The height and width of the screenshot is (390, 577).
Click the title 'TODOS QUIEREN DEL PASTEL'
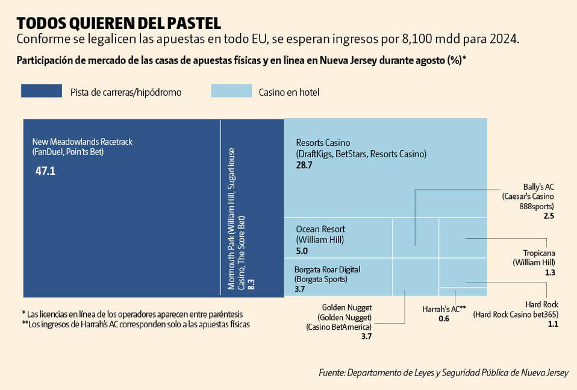pyautogui.click(x=119, y=23)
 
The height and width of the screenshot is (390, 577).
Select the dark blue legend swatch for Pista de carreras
pyautogui.click(x=42, y=91)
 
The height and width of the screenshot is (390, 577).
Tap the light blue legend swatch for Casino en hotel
pyautogui.click(x=231, y=91)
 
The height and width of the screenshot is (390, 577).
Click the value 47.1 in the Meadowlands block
pyautogui.click(x=45, y=171)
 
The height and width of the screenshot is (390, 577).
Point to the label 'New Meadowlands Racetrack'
pyautogui.click(x=82, y=142)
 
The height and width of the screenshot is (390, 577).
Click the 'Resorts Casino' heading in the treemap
pyautogui.click(x=323, y=143)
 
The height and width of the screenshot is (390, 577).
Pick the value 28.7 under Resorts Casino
pyautogui.click(x=304, y=165)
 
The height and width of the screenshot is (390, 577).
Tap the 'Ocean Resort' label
pyautogui.click(x=320, y=229)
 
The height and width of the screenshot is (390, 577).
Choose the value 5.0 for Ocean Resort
pyautogui.click(x=302, y=251)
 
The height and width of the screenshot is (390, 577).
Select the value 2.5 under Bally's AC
pyautogui.click(x=548, y=215)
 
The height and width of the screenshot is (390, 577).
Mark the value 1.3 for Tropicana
pyautogui.click(x=549, y=272)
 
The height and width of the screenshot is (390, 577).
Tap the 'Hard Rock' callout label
pyautogui.click(x=541, y=304)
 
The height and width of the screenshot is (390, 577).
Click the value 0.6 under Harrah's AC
pyautogui.click(x=444, y=318)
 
